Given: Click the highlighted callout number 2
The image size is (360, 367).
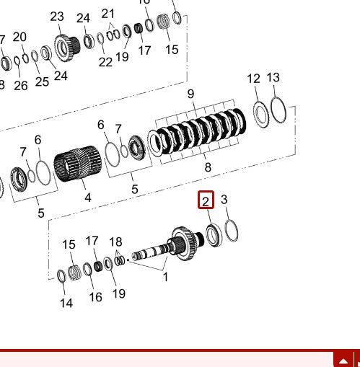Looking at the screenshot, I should coord(206,200).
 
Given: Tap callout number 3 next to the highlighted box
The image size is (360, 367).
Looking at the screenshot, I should coord(224,200).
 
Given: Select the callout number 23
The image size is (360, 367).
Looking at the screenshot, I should coord(57,17).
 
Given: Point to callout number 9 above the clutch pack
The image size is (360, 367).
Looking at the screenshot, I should coord(190,94).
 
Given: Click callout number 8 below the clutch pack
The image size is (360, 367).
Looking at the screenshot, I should coord(208,167).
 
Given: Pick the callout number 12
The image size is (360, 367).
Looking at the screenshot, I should coord(253,79).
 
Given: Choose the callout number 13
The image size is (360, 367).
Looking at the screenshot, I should coord(273,77).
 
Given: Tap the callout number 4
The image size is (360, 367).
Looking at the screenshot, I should coord(87,197).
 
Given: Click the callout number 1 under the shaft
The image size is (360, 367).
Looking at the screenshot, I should coord(165,276).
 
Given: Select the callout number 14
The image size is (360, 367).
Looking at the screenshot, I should coord(66,304).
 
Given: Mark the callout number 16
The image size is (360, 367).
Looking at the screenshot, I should coord(95,297).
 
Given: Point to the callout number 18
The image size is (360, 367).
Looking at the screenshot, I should coord(115,242).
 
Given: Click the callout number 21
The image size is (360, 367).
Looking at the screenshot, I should coord(108,13).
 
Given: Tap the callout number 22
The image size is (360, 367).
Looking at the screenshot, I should coord(105,62).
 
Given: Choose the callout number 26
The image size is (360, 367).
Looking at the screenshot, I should coord(21,85).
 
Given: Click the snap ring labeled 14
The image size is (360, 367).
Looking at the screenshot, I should coord(61,275).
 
